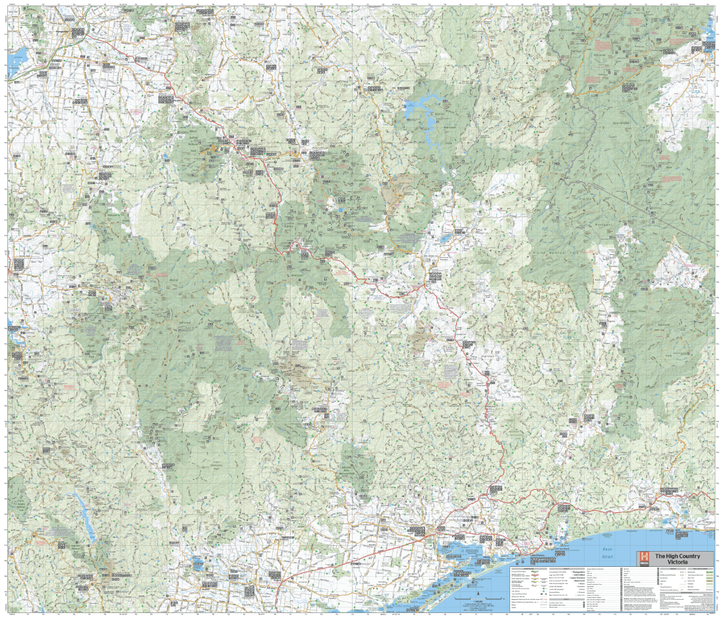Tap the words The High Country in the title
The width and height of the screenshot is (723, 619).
(x=677, y=555)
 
